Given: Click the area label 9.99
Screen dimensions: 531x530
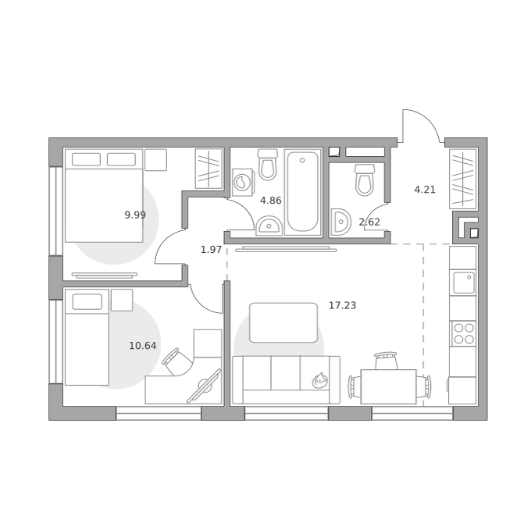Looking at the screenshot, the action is pos(135,215).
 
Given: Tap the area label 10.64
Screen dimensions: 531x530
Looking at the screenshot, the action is pos(143,346).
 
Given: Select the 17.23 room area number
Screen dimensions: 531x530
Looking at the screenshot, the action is pos(342,306).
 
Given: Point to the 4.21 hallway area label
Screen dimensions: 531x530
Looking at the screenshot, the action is pos(425,190).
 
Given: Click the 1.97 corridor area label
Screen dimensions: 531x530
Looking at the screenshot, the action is pos(211,250).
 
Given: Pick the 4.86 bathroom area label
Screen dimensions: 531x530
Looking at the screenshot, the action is pos(271,201).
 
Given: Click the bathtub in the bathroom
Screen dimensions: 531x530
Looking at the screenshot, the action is pos(302,192).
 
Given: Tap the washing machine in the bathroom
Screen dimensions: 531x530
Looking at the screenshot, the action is pos(243,183).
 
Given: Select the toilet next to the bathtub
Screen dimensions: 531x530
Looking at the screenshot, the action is pos(268,165).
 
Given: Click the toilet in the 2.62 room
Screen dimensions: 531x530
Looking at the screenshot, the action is pos(365,180).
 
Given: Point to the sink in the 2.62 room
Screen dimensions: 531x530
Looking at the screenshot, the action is pos(340,222).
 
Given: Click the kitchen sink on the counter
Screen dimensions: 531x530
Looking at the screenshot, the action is pos(464,283).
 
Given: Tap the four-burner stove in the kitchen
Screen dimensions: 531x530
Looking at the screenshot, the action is pos(463,334).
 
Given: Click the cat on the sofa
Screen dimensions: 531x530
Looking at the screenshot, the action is pos(319,380).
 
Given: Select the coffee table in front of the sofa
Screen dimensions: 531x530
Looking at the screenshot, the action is pos(283,323).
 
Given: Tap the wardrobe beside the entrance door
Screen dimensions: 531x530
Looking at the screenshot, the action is pos(463,179).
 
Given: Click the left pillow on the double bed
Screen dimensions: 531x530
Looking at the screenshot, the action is pos(86,159).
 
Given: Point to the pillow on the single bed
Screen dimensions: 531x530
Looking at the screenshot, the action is pos(87,301).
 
